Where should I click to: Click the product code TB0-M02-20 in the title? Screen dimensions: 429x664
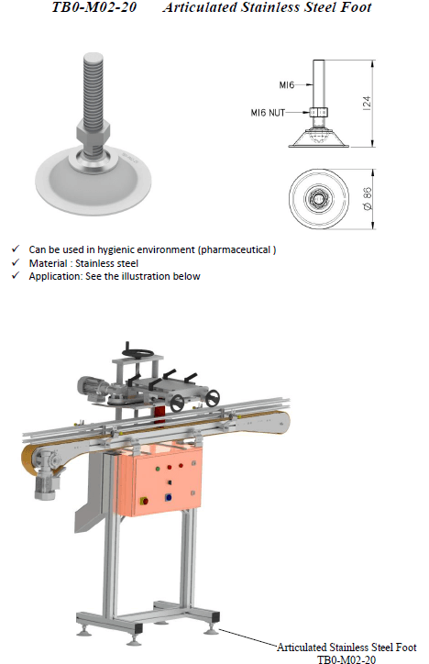coord(93,7)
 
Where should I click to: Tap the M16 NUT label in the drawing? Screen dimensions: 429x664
coord(268,113)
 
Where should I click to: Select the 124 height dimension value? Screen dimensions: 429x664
coord(367,104)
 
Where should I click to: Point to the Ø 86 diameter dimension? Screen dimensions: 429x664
coord(368,199)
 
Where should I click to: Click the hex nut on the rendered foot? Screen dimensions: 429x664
coord(93,130)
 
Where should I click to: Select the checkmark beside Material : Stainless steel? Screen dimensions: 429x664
coord(16,262)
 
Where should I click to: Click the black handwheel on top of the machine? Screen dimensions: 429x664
coord(137,353)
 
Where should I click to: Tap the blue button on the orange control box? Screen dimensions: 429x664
coord(169,497)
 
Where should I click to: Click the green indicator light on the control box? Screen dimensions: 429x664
coord(158,469)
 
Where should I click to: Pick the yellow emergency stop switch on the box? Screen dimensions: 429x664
coord(144,501)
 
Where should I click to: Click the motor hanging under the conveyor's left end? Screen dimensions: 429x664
coord(44,486)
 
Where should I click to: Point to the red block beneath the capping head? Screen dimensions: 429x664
coord(159,415)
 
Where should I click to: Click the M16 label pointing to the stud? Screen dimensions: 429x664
coord(286,85)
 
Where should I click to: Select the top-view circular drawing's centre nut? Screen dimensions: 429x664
coord(319,199)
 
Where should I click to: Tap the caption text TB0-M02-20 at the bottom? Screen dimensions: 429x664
coord(346,658)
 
